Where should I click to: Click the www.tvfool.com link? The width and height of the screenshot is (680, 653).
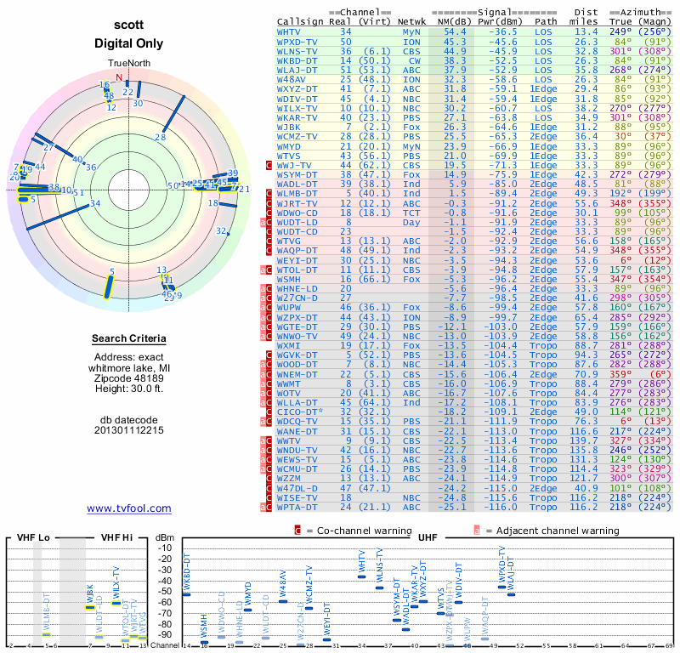[128, 508]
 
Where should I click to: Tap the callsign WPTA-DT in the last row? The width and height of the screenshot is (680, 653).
[298, 507]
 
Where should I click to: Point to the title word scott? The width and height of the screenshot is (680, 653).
[129, 26]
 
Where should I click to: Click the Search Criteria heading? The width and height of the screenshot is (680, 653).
[129, 339]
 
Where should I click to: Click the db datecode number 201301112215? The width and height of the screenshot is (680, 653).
[129, 429]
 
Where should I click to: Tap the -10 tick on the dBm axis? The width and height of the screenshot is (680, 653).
[166, 548]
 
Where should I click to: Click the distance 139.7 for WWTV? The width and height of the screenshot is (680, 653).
[584, 440]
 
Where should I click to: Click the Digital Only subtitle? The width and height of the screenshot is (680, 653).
[129, 43]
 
